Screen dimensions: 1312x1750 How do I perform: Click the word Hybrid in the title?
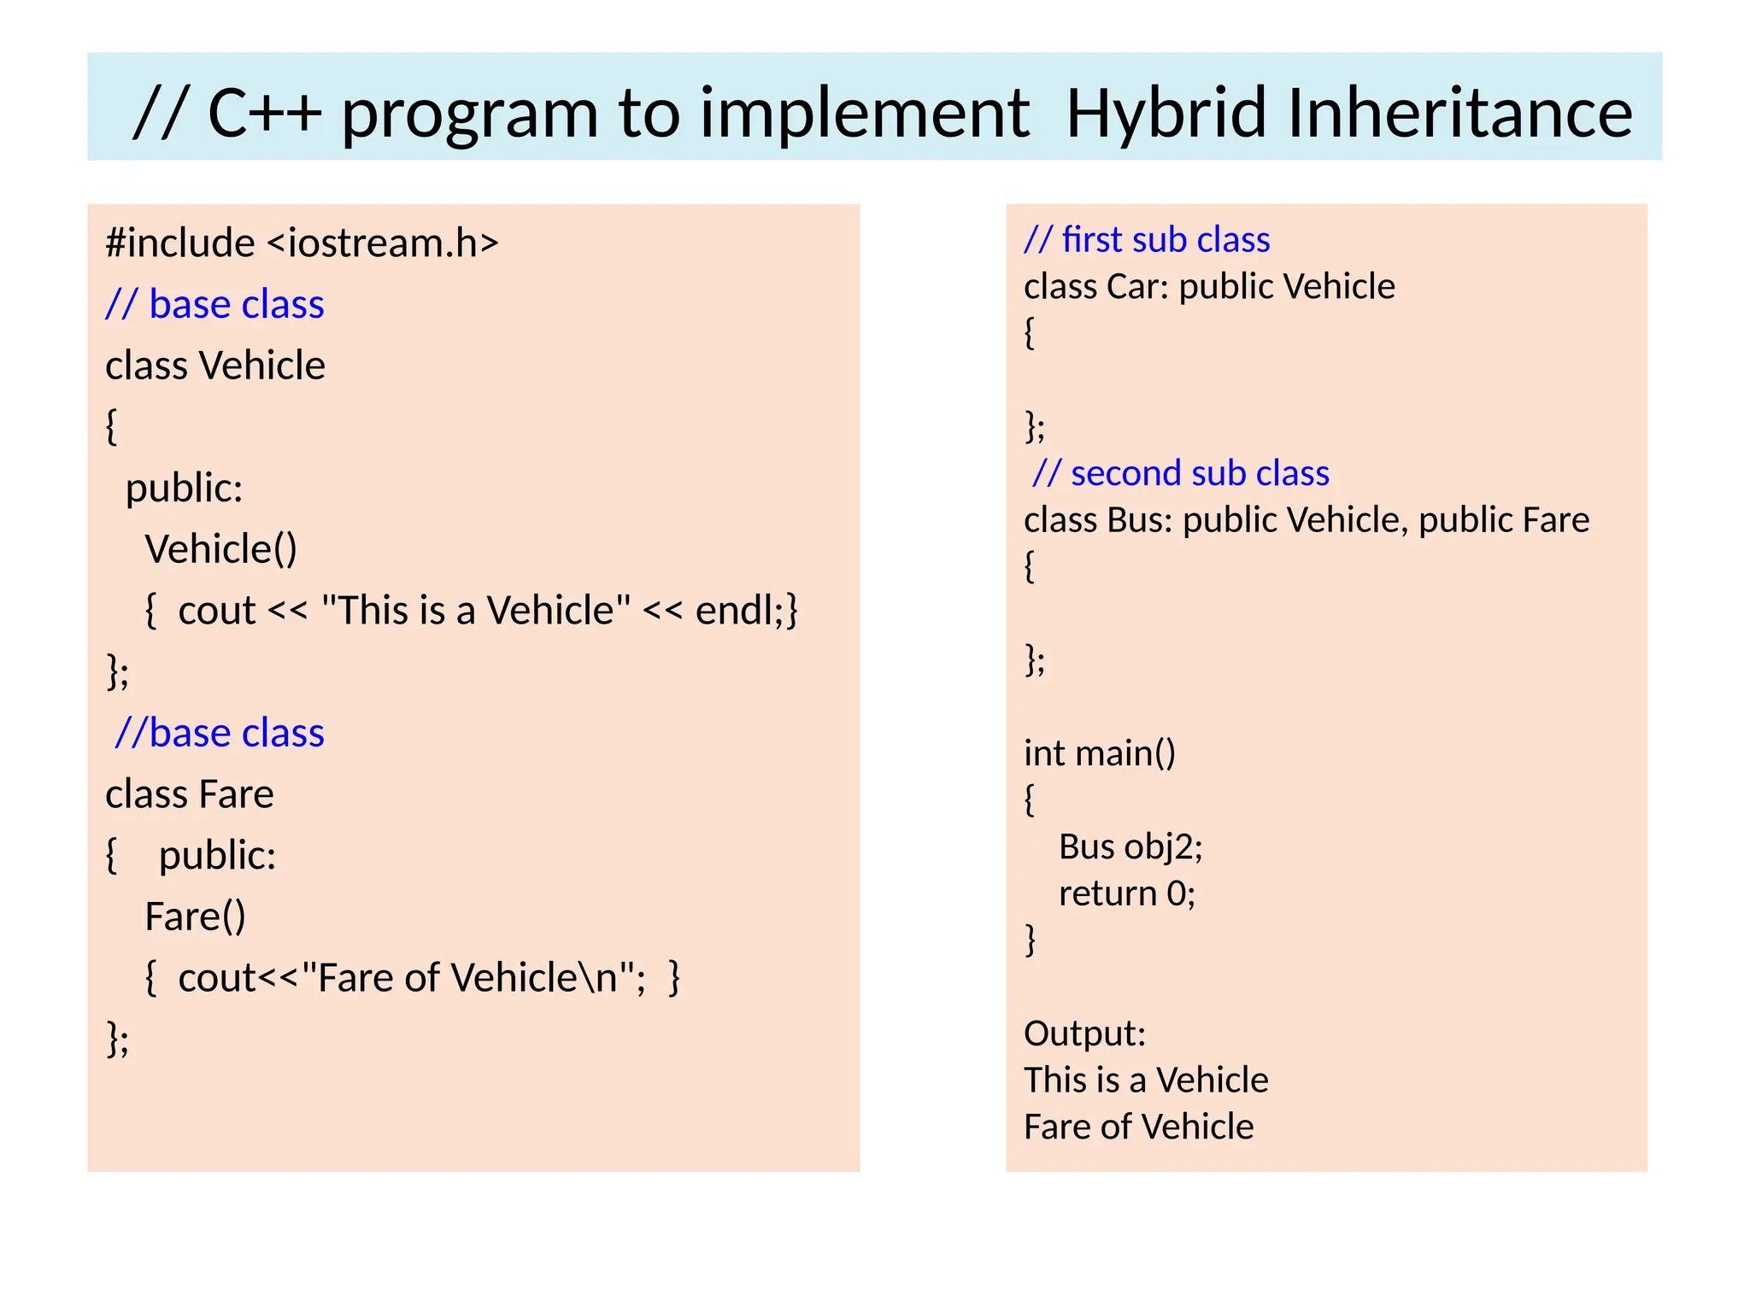tap(1166, 114)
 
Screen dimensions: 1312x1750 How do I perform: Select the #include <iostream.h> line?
tap(302, 243)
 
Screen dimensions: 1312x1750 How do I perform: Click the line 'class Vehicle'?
tap(215, 366)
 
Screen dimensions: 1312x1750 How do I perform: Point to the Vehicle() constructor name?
tap(220, 549)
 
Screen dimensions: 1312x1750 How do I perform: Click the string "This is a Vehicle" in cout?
tap(476, 611)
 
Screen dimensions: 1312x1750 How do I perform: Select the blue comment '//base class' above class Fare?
tap(220, 733)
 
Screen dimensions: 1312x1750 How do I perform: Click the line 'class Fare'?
tap(190, 794)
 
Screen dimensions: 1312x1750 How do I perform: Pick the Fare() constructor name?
tap(195, 917)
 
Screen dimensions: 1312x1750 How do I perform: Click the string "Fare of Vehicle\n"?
tap(468, 978)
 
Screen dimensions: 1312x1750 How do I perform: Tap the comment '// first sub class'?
tap(1147, 240)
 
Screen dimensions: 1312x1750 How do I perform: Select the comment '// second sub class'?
tap(1181, 473)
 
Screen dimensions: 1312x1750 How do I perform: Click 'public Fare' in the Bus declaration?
tap(1504, 520)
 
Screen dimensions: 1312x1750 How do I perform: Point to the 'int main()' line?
tap(1100, 753)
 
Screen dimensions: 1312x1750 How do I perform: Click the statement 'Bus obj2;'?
tap(1130, 847)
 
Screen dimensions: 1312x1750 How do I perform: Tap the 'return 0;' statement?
tap(1127, 893)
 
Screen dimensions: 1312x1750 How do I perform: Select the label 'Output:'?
tap(1084, 1034)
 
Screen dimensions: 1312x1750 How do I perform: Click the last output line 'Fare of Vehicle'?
tap(1138, 1127)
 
